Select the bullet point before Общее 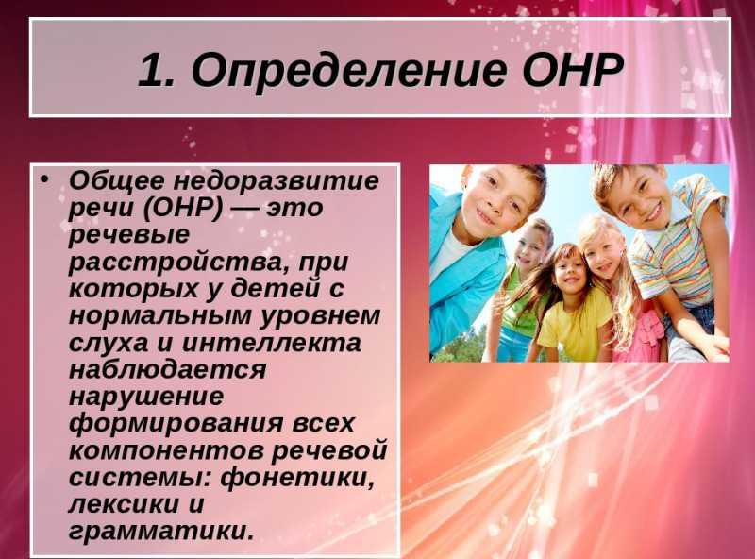(x=44, y=179)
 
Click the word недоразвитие (x=276, y=180)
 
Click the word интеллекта (x=272, y=343)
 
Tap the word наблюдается (x=168, y=370)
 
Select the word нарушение (x=146, y=398)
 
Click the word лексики (x=124, y=504)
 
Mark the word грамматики (x=160, y=532)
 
